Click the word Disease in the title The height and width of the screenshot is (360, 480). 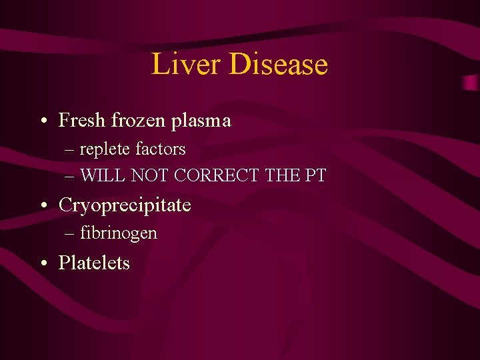coord(279,64)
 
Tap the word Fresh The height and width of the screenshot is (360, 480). coord(82,120)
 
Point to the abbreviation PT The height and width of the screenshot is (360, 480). coord(317,175)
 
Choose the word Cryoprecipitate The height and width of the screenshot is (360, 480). coord(125,205)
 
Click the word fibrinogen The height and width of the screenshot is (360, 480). coord(119,233)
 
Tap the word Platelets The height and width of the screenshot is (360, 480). coord(94,263)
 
